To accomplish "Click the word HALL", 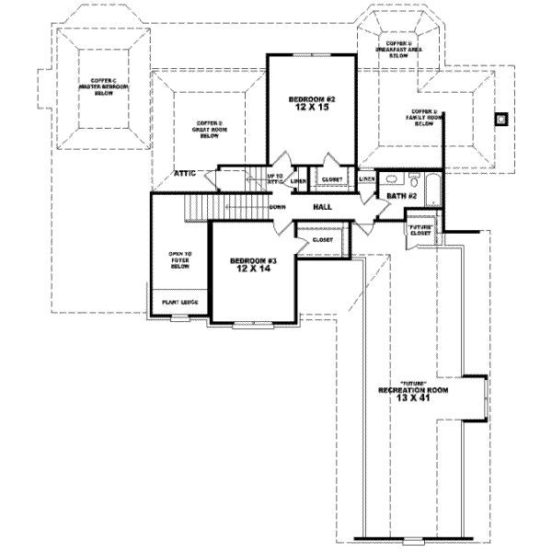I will [x=322, y=208].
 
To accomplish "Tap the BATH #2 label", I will [x=402, y=196].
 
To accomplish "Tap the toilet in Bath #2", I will [x=390, y=178].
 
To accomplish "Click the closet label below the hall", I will [x=322, y=239].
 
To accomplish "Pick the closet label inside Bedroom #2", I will [x=332, y=180].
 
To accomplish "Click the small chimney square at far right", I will [x=501, y=118].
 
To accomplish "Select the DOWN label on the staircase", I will [x=277, y=207].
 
